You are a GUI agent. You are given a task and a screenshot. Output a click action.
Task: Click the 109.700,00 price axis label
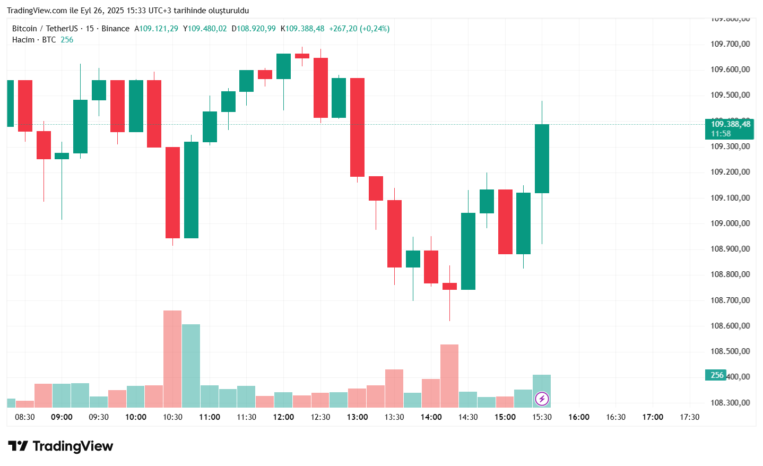tap(730, 44)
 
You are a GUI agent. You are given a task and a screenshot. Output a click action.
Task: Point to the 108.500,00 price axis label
tap(730, 351)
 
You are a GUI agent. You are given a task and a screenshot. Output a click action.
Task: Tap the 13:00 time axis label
tap(357, 417)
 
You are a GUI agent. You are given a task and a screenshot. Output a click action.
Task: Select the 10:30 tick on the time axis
tap(172, 417)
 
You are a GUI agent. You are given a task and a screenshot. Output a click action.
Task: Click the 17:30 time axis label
tap(689, 417)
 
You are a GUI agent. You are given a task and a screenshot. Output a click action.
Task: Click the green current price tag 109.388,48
tap(730, 128)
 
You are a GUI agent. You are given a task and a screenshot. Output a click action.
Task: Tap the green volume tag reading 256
tap(716, 375)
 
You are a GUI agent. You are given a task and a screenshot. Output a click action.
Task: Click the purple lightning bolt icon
tap(542, 399)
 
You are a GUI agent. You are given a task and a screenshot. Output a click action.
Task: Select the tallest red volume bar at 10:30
tap(172, 358)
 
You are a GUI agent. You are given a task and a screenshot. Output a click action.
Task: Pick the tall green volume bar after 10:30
tap(191, 365)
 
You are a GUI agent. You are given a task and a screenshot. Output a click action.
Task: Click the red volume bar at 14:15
tap(449, 375)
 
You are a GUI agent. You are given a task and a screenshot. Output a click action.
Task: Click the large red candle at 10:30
tap(172, 192)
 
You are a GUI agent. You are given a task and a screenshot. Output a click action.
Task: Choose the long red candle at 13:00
tap(357, 127)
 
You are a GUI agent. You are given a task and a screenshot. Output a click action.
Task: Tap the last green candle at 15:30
tap(542, 158)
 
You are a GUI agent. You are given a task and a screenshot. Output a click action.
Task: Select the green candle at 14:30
tap(468, 251)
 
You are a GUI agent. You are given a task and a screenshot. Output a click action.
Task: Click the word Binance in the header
tap(115, 29)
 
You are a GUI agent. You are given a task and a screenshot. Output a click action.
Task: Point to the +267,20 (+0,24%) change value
tap(359, 29)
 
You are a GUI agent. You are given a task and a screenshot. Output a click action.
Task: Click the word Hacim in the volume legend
tap(23, 40)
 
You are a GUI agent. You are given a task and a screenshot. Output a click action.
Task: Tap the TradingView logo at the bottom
tap(60, 446)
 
